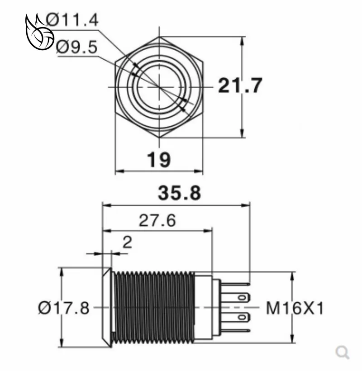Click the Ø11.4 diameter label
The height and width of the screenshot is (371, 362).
click(72, 20)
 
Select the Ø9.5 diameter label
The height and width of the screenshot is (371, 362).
click(76, 47)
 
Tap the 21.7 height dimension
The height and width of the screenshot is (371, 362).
click(240, 86)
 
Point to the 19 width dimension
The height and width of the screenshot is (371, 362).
click(159, 160)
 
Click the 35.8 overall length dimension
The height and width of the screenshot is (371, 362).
click(179, 193)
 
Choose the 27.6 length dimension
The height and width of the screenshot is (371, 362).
click(157, 220)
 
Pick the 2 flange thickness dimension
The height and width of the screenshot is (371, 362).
click(127, 243)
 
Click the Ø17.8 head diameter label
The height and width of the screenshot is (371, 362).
click(64, 308)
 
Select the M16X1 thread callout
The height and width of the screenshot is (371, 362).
click(295, 308)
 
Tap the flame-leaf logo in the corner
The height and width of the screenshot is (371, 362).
click(39, 32)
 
